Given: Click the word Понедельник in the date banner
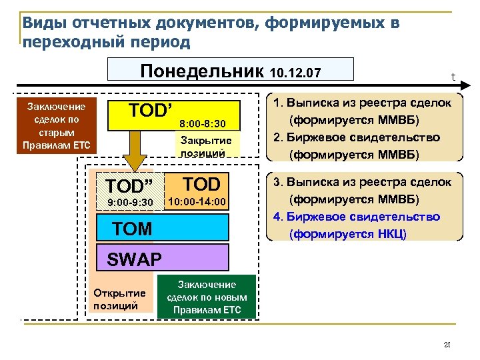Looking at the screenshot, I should click(201, 70).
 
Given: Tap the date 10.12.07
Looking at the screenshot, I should click(296, 72).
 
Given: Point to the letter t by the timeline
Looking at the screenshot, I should click(453, 77).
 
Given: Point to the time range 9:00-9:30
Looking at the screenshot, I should click(130, 202).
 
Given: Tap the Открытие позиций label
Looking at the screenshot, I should click(119, 299).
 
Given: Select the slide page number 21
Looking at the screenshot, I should click(447, 345).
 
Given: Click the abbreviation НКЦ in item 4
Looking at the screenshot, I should click(389, 234).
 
